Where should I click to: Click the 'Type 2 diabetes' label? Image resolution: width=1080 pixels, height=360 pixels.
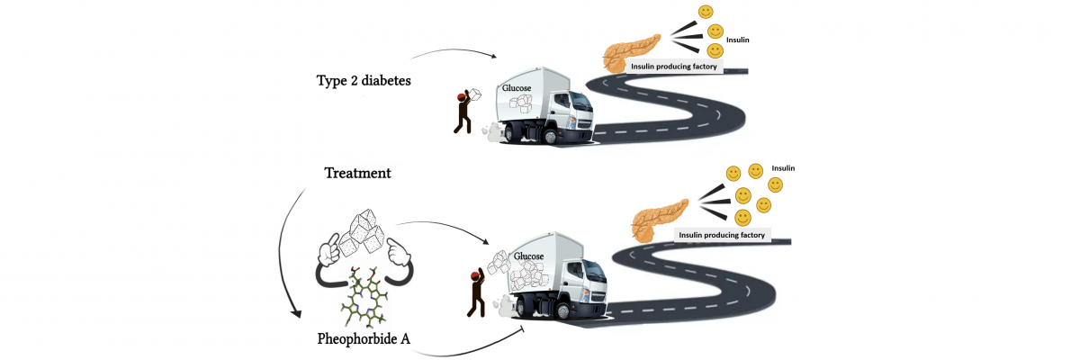point(364,81)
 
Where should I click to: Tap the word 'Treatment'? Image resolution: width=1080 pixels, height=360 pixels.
point(356,172)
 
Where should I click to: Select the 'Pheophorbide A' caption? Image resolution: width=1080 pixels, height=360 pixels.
point(364,339)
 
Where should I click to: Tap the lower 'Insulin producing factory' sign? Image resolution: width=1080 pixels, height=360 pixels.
point(722,235)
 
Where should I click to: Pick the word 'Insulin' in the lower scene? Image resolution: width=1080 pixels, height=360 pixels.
point(783,168)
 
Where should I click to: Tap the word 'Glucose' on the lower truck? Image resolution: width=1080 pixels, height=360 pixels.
point(529,256)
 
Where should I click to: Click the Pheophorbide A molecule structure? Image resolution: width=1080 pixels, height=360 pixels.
point(365,293)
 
